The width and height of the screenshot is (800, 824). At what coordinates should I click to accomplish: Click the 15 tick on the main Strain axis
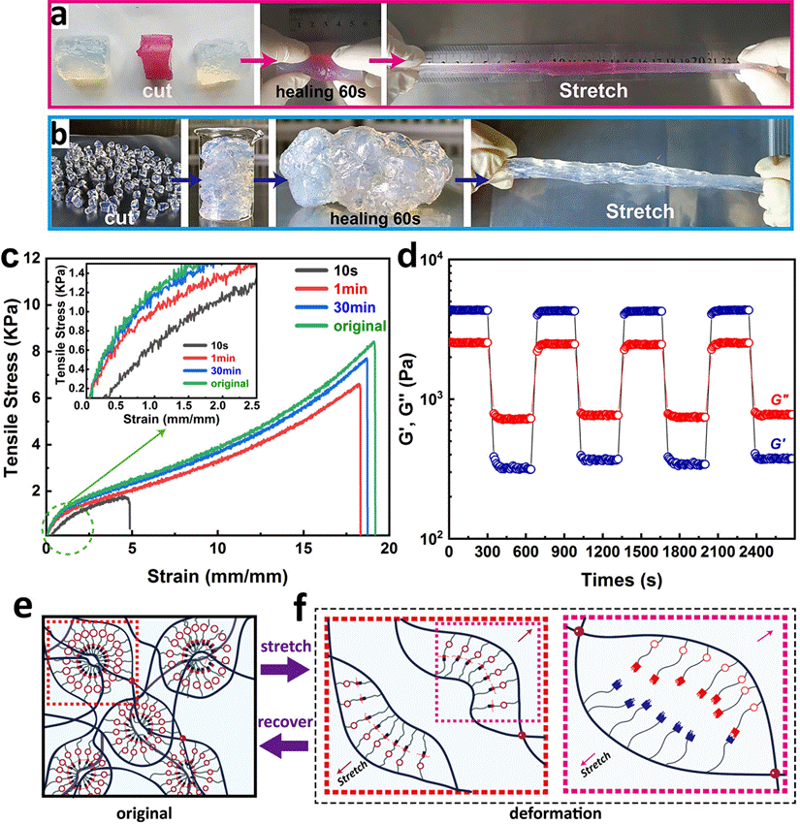click(304, 551)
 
